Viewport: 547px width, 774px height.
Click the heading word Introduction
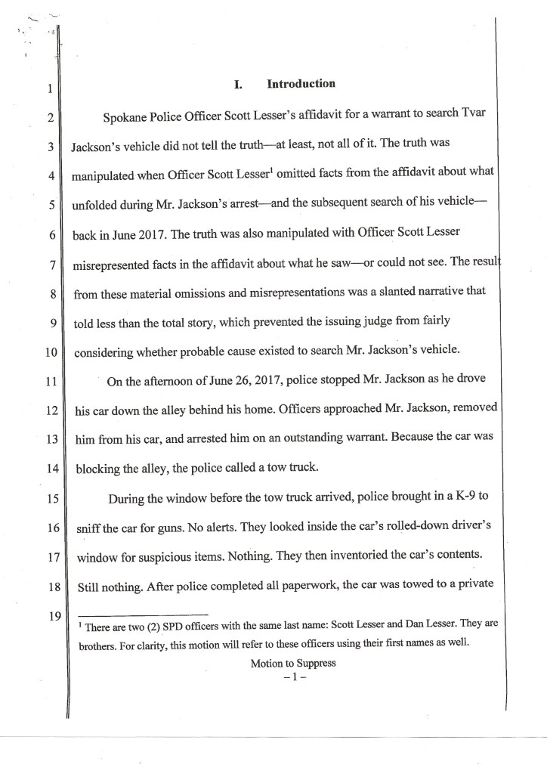pyautogui.click(x=301, y=84)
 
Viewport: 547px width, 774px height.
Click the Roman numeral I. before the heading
pyautogui.click(x=237, y=85)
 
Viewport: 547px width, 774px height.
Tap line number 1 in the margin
pyautogui.click(x=48, y=90)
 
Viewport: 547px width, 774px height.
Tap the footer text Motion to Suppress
pyautogui.click(x=288, y=664)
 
